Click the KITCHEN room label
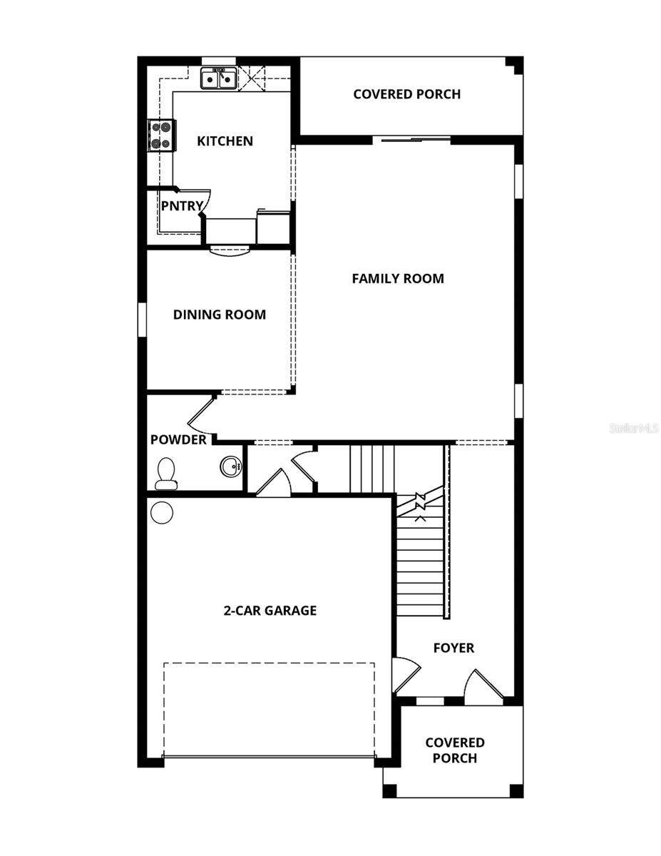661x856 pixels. click(x=225, y=141)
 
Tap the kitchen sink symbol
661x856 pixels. click(x=218, y=78)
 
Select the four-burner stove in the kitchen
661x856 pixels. click(x=161, y=135)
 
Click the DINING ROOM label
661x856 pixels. click(x=219, y=315)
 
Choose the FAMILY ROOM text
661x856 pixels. click(x=397, y=279)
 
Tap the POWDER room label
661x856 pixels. click(x=178, y=440)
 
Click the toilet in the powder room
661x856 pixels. click(x=166, y=474)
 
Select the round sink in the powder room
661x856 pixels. click(x=230, y=467)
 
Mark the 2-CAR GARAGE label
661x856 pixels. click(x=270, y=611)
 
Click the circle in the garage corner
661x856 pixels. click(x=162, y=512)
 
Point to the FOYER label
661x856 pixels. click(x=454, y=648)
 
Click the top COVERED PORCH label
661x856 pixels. click(x=406, y=94)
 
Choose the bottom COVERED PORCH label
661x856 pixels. click(x=454, y=750)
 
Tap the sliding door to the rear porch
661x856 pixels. click(x=411, y=141)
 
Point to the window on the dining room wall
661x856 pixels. click(x=142, y=319)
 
